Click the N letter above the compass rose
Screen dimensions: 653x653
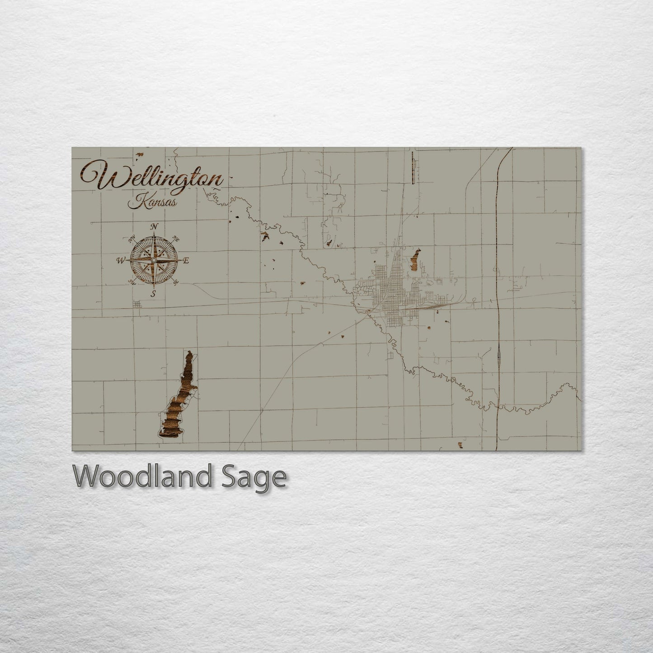pos(155,226)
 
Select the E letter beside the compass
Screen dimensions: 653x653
pos(185,261)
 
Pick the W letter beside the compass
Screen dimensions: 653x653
pos(121,260)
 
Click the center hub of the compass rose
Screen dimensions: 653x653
pos(154,261)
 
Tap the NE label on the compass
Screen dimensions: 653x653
pos(177,240)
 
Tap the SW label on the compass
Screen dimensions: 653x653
pos(132,282)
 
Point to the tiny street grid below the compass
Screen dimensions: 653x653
pos(137,304)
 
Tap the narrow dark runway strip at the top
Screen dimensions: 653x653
pos(413,167)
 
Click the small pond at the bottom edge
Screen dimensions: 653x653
pos(460,445)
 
